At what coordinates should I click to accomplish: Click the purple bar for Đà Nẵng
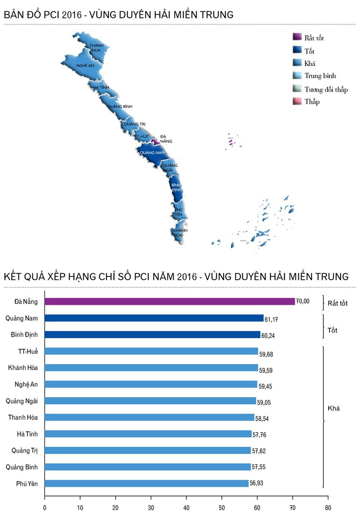170,302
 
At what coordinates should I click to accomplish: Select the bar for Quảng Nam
154,318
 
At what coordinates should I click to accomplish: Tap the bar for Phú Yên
147,483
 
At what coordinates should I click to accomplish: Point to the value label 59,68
266,354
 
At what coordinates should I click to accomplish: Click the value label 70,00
303,301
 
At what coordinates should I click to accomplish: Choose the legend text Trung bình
320,76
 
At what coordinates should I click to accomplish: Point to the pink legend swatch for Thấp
297,102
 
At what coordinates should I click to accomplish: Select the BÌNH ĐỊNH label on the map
177,187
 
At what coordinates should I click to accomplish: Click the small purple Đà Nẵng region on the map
156,142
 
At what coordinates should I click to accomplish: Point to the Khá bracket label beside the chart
333,409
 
